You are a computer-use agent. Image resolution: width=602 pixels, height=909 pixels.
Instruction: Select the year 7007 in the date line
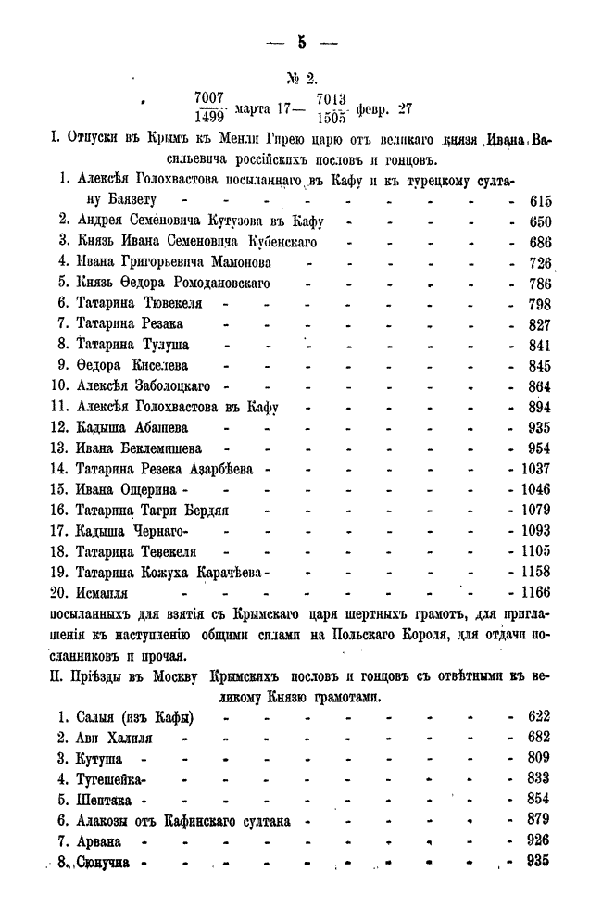pos(209,98)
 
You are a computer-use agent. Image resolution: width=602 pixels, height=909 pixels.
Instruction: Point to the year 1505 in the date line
pos(332,118)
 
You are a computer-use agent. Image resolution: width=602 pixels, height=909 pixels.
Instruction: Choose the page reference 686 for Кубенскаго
pos(537,242)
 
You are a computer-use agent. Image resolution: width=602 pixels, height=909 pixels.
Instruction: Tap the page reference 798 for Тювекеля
pos(537,303)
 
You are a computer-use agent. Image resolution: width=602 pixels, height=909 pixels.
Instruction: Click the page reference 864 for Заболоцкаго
pos(537,385)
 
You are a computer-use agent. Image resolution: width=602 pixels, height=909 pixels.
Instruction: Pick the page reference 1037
pos(533,469)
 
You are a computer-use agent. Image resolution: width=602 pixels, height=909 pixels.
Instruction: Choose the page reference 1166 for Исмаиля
pos(533,591)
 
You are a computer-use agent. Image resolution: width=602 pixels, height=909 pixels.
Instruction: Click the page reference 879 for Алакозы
pos(537,819)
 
